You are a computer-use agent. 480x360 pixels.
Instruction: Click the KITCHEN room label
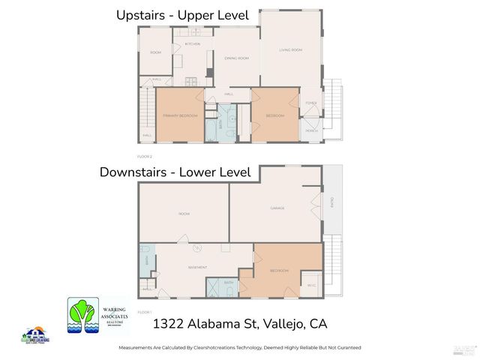pyautogui.click(x=193, y=44)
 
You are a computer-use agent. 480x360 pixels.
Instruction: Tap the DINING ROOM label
pyautogui.click(x=238, y=58)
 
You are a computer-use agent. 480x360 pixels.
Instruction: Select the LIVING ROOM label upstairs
pyautogui.click(x=290, y=50)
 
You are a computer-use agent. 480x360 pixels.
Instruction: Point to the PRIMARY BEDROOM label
pyautogui.click(x=180, y=115)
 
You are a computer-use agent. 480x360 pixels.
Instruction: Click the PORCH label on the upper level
pyautogui.click(x=311, y=130)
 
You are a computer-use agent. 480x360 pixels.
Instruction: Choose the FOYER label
pyautogui.click(x=311, y=103)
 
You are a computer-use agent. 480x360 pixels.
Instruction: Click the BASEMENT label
pyautogui.click(x=197, y=267)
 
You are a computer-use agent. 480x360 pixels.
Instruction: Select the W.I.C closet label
pyautogui.click(x=311, y=284)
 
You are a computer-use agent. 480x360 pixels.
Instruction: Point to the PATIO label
pyautogui.click(x=331, y=203)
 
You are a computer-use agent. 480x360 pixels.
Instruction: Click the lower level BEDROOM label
pyautogui.click(x=279, y=270)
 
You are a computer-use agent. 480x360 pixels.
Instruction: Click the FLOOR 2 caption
pyautogui.click(x=145, y=156)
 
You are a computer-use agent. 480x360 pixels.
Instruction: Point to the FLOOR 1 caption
pyautogui.click(x=145, y=311)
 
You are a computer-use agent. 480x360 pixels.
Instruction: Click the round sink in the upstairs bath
pyautogui.click(x=233, y=118)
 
